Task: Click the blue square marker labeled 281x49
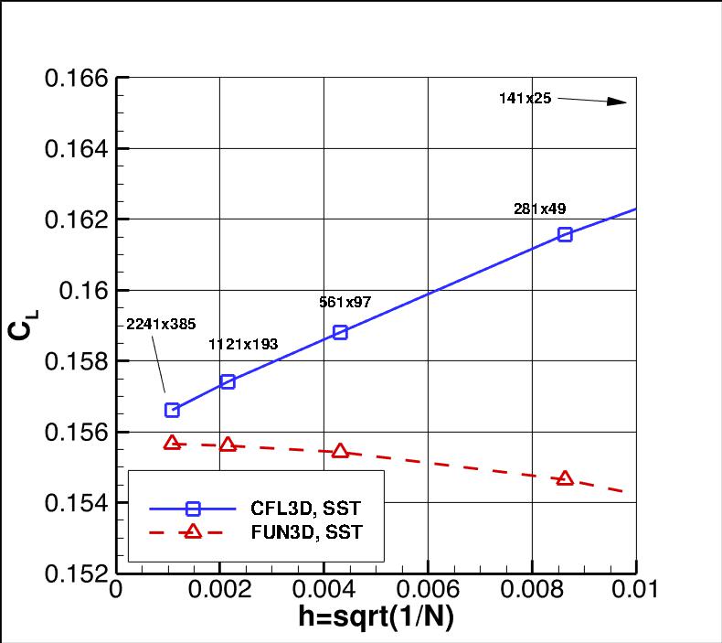(x=565, y=234)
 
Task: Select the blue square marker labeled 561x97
(x=340, y=332)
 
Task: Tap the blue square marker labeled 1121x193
(x=228, y=381)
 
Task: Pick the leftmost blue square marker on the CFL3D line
(x=172, y=410)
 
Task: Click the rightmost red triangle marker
(x=565, y=478)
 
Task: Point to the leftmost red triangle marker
(x=172, y=443)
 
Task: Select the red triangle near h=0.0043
(x=340, y=451)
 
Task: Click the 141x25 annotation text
(x=525, y=98)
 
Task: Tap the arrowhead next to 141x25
(x=616, y=102)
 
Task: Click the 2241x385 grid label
(x=161, y=324)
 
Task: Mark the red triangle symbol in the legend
(x=192, y=531)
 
